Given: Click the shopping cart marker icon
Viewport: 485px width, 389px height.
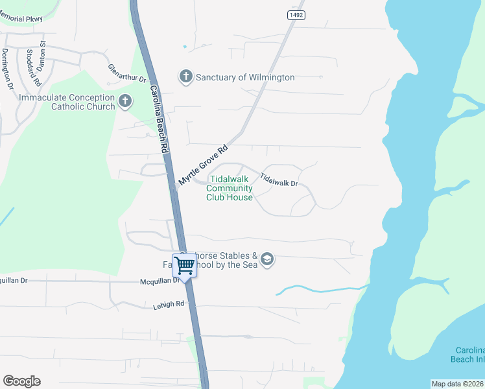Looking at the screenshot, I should coord(185,265).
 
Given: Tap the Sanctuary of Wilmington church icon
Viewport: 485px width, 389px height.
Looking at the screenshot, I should coord(185,77).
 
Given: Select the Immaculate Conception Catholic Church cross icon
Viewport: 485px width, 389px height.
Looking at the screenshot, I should coord(125,102).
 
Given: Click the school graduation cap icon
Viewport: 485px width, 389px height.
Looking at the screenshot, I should coord(267,260).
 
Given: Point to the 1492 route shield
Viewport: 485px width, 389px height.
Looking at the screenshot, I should coord(296,15).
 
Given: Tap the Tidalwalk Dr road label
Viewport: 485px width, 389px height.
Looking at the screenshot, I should coord(279,180).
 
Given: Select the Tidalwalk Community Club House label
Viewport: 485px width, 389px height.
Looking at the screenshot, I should coord(230,188).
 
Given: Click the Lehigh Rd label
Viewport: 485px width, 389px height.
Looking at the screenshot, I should coord(169,303).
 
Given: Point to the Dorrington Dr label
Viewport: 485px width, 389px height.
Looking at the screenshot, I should coord(7,68).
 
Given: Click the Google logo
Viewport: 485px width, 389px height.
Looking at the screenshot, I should coord(21,381).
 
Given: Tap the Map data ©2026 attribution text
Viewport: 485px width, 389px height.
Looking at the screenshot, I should coord(458,384).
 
